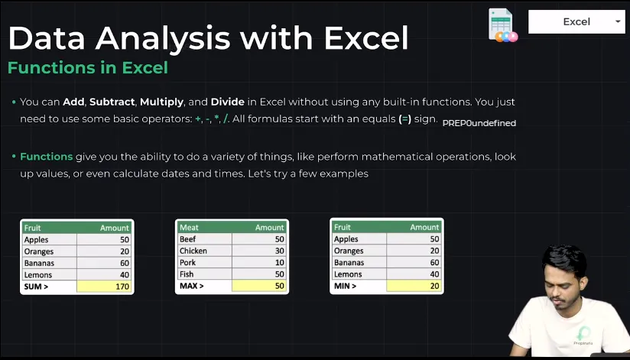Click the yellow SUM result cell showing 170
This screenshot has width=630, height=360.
[104, 287]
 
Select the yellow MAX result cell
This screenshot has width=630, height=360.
[259, 286]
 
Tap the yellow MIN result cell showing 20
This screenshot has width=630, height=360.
[414, 286]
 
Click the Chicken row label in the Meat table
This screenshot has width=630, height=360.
[193, 251]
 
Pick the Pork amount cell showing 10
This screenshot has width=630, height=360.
[259, 262]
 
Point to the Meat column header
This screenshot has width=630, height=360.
[189, 228]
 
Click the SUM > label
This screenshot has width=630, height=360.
[36, 287]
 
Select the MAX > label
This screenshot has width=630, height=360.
[192, 286]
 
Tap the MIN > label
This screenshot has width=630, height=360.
[345, 286]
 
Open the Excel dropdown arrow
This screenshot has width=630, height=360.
[618, 21]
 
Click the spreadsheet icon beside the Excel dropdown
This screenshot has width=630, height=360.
[502, 25]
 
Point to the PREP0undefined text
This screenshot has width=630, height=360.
[479, 123]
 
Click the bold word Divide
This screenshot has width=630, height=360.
[227, 102]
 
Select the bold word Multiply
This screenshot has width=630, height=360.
[161, 102]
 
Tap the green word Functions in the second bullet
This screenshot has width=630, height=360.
[46, 157]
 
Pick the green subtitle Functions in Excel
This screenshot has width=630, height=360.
[88, 67]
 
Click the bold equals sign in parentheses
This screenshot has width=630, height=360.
[405, 119]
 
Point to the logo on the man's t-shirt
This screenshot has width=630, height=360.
[583, 336]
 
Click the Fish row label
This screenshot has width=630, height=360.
[187, 274]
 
